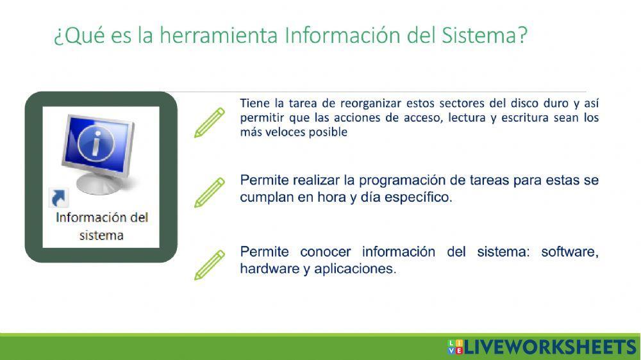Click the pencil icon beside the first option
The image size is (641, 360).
(x=210, y=122)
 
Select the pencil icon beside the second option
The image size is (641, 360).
(x=210, y=192)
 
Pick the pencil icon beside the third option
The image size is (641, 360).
(x=210, y=265)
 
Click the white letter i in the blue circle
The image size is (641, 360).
(x=96, y=144)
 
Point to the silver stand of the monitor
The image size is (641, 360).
(x=101, y=184)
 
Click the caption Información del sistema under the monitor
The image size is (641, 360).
(x=101, y=225)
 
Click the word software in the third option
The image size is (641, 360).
(x=569, y=252)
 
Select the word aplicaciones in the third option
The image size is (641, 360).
(x=353, y=269)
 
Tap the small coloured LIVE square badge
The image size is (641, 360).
(x=454, y=347)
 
